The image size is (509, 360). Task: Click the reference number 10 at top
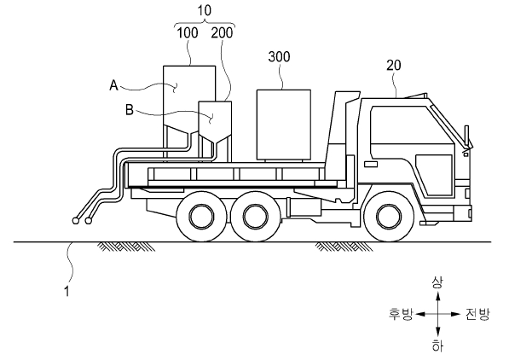click(x=204, y=10)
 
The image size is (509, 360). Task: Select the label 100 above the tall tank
click(x=188, y=32)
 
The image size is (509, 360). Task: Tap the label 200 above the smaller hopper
click(x=222, y=32)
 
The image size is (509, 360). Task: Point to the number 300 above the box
click(x=279, y=56)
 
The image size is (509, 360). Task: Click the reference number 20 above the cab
click(x=394, y=66)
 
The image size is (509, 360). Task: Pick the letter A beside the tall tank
click(x=113, y=85)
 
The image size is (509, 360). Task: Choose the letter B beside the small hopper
click(x=130, y=110)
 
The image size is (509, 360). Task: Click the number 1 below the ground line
click(x=67, y=291)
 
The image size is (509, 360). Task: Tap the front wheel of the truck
click(x=389, y=216)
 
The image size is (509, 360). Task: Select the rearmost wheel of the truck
click(x=201, y=216)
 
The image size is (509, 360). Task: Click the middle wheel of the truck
click(x=255, y=216)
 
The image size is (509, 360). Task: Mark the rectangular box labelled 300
click(x=284, y=125)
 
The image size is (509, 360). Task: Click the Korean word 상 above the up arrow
click(x=437, y=282)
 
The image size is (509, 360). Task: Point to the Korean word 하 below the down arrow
click(x=437, y=346)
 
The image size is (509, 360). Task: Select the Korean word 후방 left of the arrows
click(x=401, y=314)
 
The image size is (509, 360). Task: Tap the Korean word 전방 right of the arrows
click(x=477, y=314)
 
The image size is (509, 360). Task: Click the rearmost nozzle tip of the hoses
click(x=76, y=221)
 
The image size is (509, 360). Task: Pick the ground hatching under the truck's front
click(x=344, y=247)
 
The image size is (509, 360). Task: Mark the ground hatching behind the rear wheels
click(x=127, y=247)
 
